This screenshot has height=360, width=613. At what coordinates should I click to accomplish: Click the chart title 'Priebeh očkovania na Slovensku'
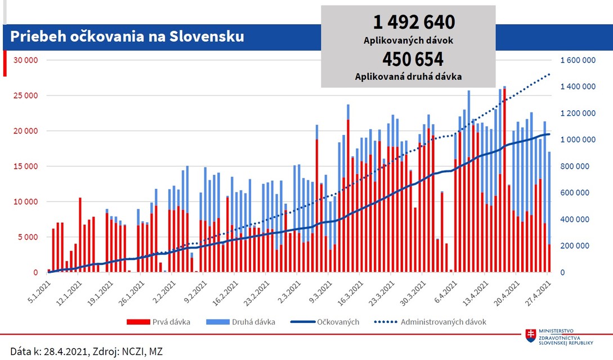(x=127, y=37)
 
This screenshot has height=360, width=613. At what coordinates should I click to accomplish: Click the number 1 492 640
(x=413, y=22)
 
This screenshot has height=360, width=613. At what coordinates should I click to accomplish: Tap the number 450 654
(x=413, y=60)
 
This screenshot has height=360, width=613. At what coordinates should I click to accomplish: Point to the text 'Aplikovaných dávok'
(x=409, y=40)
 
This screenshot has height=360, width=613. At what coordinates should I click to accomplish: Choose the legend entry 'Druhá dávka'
(x=240, y=322)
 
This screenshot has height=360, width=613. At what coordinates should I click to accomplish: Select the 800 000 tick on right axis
(x=579, y=166)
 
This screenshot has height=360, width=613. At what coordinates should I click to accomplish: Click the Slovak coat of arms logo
(x=530, y=336)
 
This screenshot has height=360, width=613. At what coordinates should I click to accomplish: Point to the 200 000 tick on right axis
(x=579, y=246)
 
